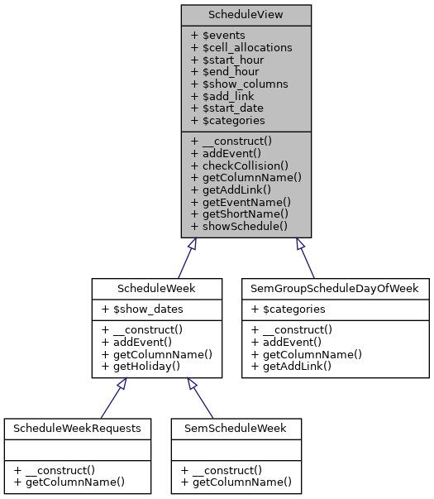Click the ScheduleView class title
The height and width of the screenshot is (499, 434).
point(246,15)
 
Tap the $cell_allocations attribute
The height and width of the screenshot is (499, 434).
point(241,48)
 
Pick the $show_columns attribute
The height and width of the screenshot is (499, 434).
point(239,84)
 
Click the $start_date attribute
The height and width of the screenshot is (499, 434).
point(228,108)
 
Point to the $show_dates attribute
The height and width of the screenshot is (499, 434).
point(143,309)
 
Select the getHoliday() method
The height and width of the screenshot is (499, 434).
point(142,365)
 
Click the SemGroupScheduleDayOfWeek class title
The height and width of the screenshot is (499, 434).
point(336,288)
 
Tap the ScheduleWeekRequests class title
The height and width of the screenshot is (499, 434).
point(77,429)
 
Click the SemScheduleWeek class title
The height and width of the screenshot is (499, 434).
point(236,429)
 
